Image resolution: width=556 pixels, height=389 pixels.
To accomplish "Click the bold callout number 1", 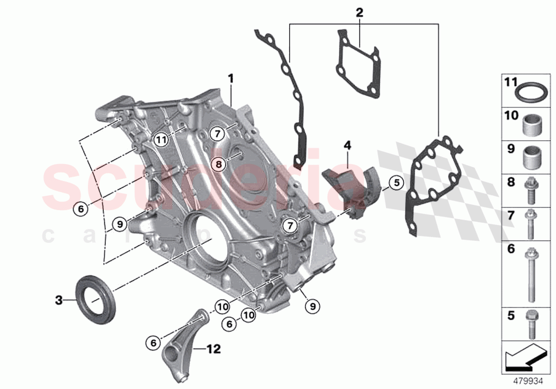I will coord(230,79).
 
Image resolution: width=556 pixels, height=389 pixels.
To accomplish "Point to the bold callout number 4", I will coord(347,144).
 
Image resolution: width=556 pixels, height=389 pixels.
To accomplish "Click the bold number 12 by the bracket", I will coord(213,349).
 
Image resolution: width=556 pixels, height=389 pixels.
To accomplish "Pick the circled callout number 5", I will coord(395,183).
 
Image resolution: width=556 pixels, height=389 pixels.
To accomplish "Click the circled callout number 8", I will coord(219,164).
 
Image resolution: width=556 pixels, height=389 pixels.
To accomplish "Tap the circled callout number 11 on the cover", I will coord(161,140).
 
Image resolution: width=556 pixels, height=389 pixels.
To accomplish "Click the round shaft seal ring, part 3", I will coord(94,297).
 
